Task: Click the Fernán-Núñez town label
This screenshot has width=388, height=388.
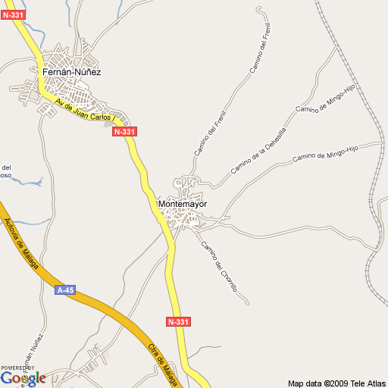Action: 72,72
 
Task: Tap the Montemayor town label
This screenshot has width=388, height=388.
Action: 183,205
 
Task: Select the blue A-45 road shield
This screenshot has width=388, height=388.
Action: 65,289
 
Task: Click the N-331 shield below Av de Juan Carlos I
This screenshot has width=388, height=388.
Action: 124,132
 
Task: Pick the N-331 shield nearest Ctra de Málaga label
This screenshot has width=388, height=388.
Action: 177,322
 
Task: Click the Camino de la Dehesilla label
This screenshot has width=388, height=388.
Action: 258,150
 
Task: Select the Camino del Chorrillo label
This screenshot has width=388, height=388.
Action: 219,268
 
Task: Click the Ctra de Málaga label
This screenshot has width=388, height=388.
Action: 164,363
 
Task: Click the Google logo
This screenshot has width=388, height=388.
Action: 23,378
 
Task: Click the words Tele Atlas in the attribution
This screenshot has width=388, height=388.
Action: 368,382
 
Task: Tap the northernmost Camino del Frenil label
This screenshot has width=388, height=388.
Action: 261,48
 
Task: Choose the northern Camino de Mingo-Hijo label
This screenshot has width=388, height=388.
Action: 326,99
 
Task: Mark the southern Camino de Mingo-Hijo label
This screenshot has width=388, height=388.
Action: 324,155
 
